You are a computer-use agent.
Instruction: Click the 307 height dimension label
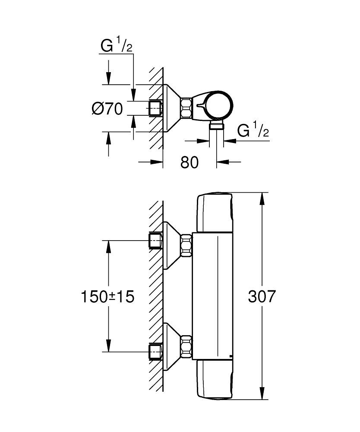[262, 296]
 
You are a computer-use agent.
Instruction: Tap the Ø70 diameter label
[107, 109]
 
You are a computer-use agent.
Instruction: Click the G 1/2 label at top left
[116, 46]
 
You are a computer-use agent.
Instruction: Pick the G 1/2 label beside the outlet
[253, 131]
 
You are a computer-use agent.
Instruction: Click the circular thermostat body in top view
[218, 106]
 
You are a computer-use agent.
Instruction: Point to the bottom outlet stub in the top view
[215, 126]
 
